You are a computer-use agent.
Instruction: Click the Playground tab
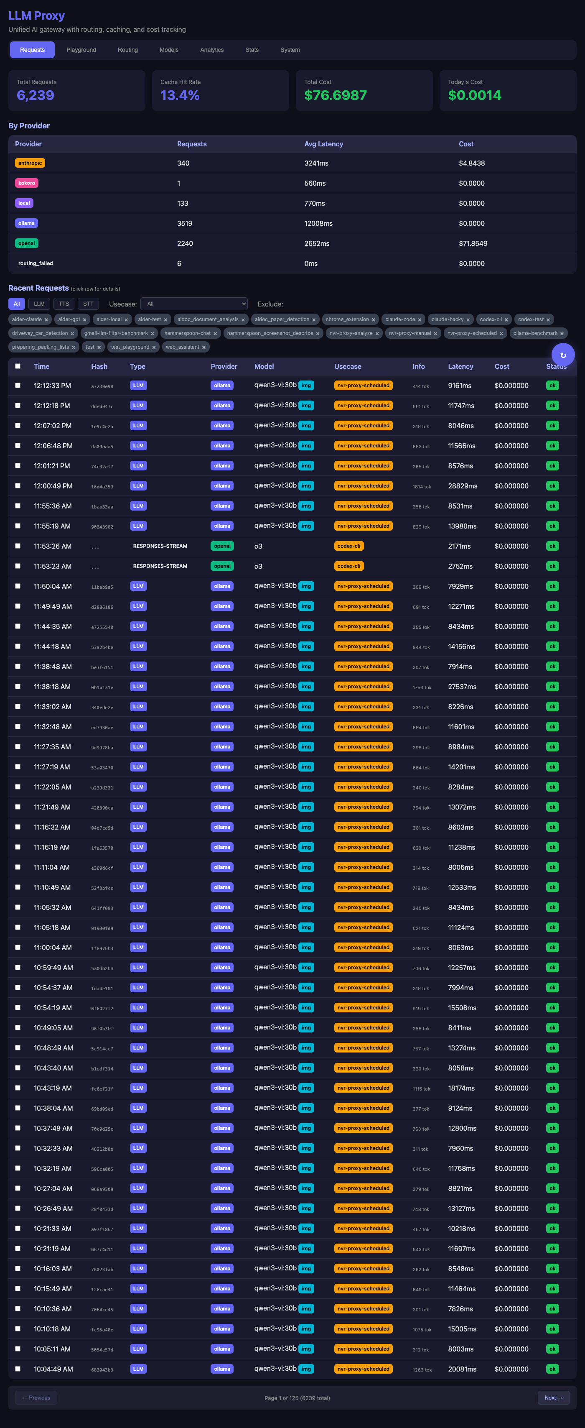pos(81,50)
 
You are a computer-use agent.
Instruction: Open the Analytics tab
pos(211,50)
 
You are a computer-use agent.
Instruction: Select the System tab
pos(290,50)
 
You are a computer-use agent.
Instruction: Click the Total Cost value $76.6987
pos(335,95)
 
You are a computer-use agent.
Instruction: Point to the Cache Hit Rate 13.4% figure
pos(180,95)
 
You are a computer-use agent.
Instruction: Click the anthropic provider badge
pos(30,163)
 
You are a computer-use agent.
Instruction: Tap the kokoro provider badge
pos(27,183)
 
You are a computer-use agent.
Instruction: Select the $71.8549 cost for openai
pos(473,243)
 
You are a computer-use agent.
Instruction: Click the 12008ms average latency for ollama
pos(318,223)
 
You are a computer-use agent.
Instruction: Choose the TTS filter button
pos(64,304)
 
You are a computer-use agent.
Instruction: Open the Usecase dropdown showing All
pos(194,304)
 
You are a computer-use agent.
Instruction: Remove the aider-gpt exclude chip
pos(85,320)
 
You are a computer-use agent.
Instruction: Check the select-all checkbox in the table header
pos(18,366)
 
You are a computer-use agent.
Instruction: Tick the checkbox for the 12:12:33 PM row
pos(18,385)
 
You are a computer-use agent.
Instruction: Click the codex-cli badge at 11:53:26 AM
pos(348,546)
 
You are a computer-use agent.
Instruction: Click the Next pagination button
pos(553,1397)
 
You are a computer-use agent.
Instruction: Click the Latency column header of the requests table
pos(460,366)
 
